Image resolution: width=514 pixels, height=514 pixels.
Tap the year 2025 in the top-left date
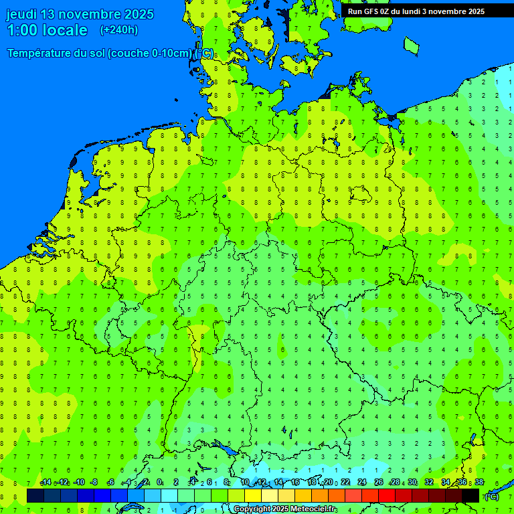137,14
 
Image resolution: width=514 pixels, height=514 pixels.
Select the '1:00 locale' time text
47,30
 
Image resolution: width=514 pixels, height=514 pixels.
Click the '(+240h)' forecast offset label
118,30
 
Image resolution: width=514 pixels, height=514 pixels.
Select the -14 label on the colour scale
46,483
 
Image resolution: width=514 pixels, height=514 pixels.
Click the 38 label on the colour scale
479,483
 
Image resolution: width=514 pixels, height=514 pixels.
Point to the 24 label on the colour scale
362,483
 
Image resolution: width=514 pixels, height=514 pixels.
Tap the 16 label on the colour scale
295,483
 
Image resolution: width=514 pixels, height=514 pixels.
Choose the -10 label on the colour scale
78,483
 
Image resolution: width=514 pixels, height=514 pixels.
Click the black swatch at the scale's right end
470,495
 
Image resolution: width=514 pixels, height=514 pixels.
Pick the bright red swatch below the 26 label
387,495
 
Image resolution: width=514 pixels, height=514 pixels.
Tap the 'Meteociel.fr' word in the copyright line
314,509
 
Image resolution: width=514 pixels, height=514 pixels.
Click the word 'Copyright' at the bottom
252,509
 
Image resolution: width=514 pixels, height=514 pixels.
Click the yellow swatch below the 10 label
253,495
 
